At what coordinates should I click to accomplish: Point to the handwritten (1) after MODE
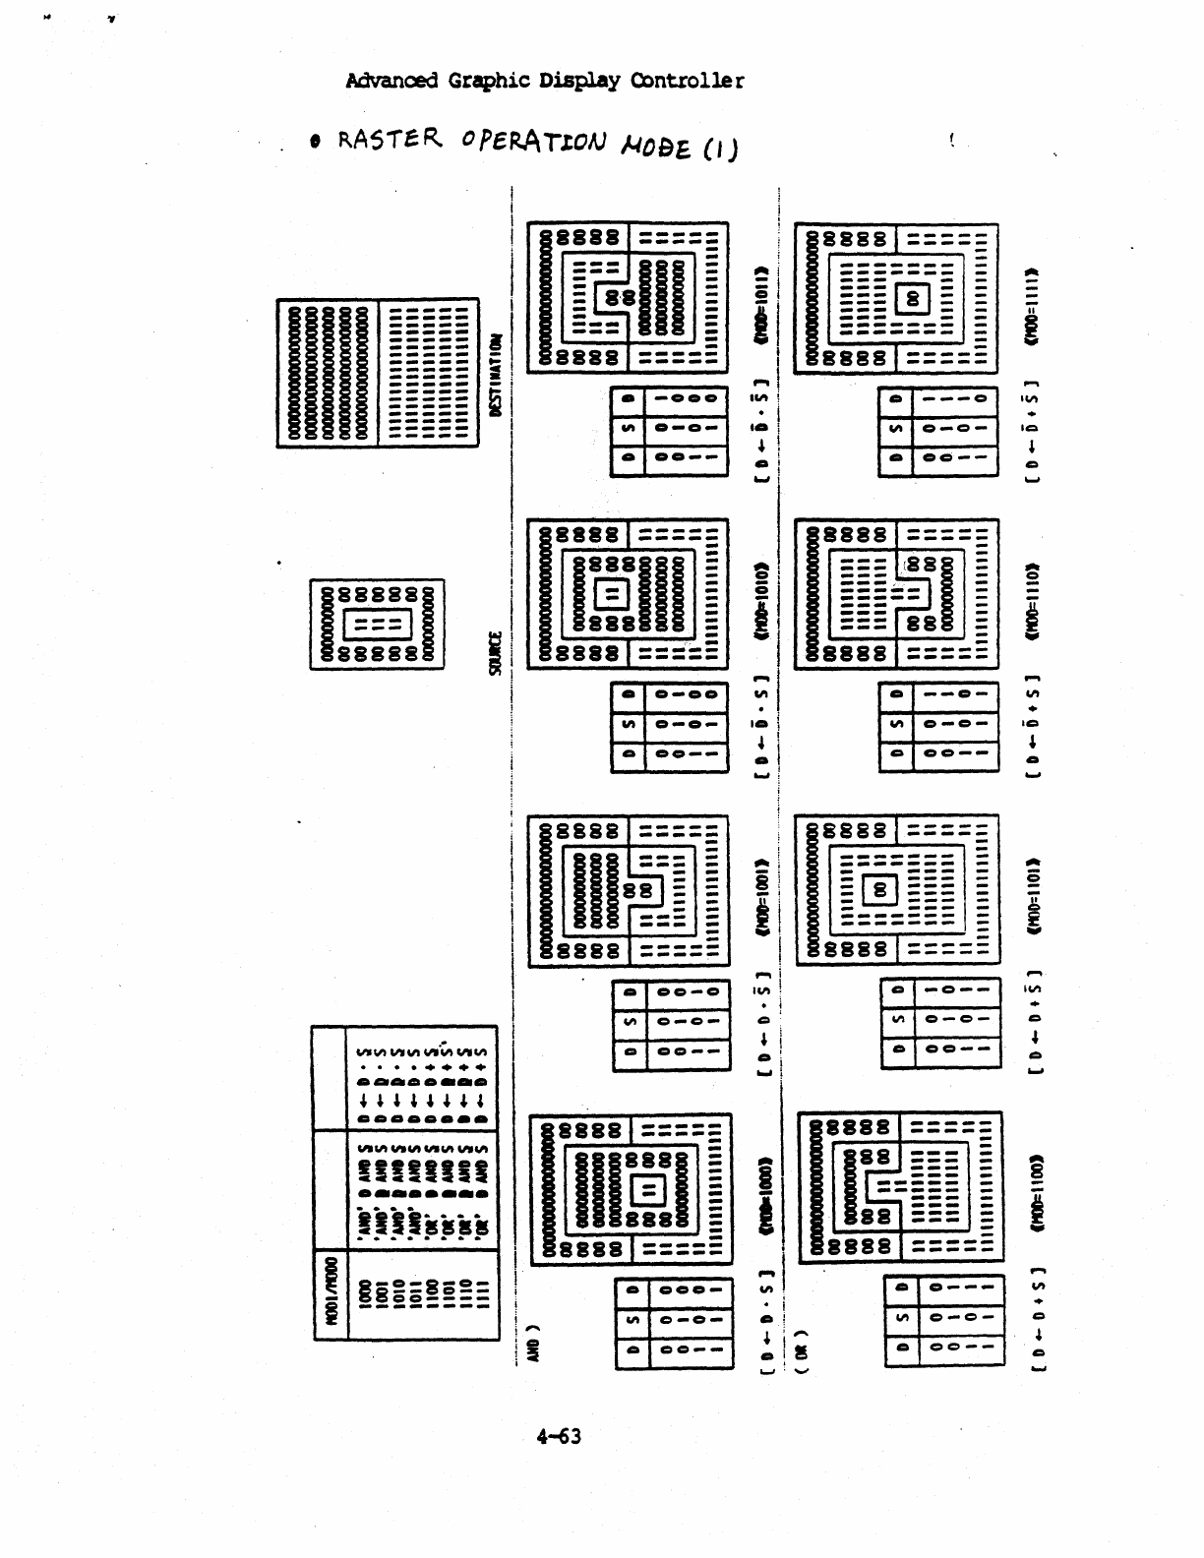click(720, 150)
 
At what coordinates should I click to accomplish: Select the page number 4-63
click(559, 1436)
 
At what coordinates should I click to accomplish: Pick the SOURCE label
click(496, 652)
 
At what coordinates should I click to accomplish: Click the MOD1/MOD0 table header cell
click(331, 1295)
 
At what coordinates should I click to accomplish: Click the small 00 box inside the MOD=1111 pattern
click(912, 297)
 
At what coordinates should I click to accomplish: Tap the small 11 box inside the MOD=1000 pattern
click(649, 1191)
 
